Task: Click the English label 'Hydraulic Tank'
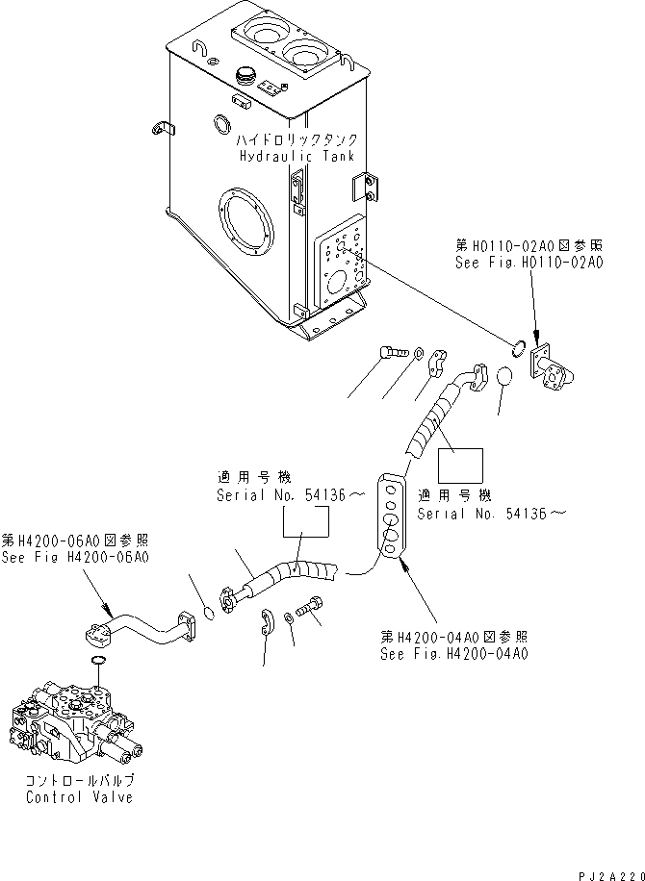point(296,156)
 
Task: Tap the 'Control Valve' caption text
point(79,797)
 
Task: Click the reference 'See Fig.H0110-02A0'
point(529,262)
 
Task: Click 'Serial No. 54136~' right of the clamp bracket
point(492,514)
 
